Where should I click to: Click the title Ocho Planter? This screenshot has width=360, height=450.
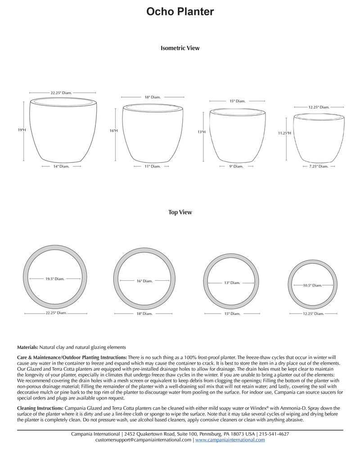(180, 12)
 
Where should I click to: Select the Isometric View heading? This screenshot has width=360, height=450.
(180, 48)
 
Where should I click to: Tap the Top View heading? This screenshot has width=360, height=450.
(180, 212)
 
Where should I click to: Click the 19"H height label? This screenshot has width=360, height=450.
(22, 130)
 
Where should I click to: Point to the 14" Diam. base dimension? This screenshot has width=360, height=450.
(61, 166)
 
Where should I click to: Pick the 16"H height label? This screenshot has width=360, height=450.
(113, 131)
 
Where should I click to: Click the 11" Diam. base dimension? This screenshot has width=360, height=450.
(153, 166)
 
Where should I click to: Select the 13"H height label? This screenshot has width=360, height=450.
(201, 132)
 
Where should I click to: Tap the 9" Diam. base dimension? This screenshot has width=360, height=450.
(236, 166)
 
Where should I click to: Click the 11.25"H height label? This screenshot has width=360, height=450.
(284, 133)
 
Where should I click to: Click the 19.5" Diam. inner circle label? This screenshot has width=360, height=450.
(55, 279)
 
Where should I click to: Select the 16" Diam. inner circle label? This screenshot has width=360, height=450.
(144, 281)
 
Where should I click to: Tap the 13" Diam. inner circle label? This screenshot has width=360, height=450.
(232, 283)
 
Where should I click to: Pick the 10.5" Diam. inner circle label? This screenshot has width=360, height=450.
(312, 285)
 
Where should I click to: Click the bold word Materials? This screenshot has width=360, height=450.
(27, 347)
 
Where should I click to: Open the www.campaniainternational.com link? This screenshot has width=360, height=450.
(230, 440)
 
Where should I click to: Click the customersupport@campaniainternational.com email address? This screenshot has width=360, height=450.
(143, 440)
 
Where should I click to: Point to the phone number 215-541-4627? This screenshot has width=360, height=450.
(274, 434)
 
